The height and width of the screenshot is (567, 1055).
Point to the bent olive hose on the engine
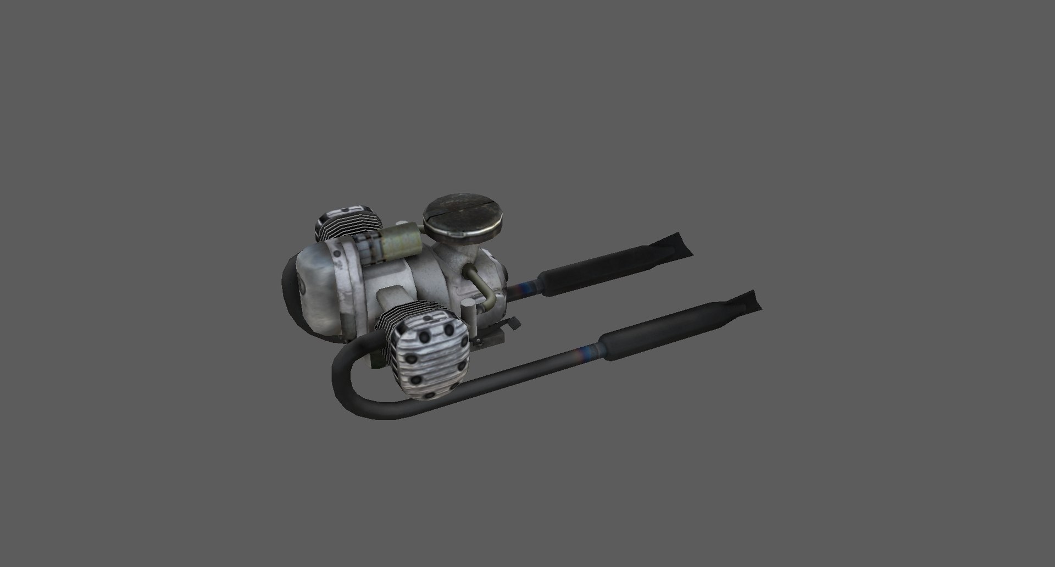[x=481, y=287]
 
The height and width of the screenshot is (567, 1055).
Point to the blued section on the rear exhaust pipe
[x=526, y=288]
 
